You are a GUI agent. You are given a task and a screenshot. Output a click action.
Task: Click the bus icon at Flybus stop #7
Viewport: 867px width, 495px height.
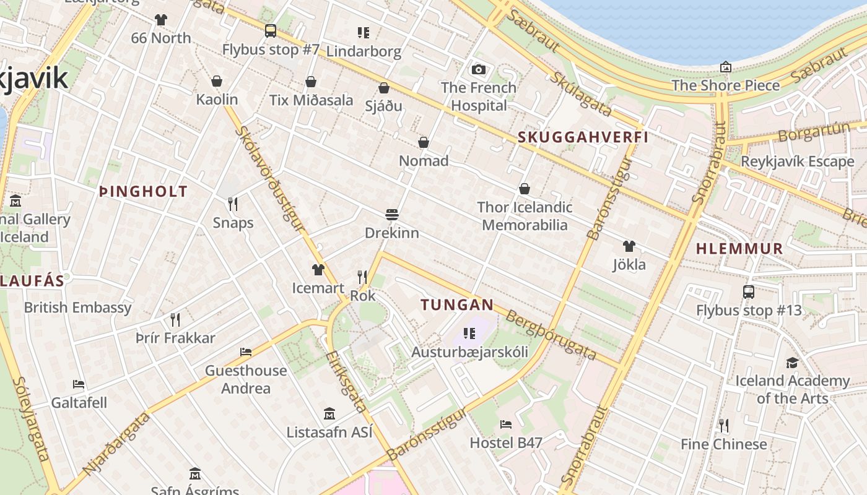pos(271,30)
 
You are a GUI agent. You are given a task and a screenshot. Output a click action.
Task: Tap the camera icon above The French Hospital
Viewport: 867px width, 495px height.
pos(478,69)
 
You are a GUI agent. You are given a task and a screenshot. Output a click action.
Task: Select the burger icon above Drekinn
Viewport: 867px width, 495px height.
pos(391,215)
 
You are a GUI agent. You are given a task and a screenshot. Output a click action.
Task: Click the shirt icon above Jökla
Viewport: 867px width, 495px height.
pos(629,246)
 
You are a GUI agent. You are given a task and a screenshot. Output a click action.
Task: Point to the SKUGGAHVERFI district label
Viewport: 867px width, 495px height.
pos(583,137)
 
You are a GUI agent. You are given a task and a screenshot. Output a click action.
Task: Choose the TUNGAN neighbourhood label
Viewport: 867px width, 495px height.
pos(457,304)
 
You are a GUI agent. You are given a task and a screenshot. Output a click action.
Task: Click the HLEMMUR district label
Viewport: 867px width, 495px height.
pos(739,249)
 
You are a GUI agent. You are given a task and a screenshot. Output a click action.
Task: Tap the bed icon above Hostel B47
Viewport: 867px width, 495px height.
pos(506,424)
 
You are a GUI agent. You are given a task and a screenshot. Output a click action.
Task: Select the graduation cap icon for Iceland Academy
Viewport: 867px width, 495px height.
pos(792,363)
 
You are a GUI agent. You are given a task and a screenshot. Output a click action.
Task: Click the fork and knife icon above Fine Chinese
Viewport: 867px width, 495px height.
pos(723,426)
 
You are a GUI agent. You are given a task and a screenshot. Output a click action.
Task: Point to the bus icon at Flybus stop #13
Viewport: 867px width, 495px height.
pos(748,291)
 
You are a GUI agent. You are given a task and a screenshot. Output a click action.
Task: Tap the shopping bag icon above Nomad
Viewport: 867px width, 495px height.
pos(424,143)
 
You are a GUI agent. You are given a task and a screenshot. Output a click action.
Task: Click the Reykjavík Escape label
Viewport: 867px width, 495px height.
pos(798,161)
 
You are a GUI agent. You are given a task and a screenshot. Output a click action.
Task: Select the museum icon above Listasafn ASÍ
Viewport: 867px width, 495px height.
pos(329,413)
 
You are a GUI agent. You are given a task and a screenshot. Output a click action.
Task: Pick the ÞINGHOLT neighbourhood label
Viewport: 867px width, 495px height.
pos(143,192)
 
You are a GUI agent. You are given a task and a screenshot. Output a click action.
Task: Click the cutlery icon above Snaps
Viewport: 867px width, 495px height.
pos(233,204)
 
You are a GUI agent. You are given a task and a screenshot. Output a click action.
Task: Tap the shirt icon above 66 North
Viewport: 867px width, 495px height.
pos(161,20)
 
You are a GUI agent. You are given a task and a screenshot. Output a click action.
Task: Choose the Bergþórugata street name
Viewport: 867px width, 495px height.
pos(551,336)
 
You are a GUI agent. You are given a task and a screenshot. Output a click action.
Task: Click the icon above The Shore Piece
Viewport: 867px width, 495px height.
pos(725,67)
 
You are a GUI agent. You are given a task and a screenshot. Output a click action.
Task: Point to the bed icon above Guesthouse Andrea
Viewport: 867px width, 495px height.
pos(246,352)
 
